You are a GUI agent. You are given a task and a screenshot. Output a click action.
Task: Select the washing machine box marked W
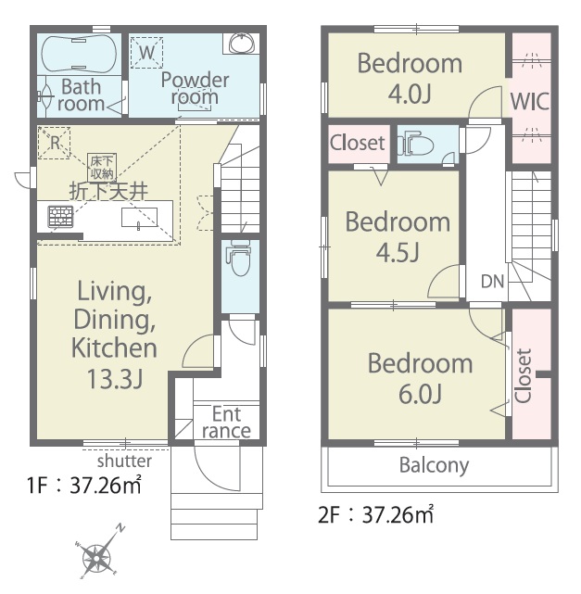(x=146, y=52)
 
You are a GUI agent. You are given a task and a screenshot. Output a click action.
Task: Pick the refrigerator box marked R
(x=54, y=143)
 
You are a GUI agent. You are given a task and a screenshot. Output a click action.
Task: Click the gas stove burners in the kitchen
(x=60, y=216)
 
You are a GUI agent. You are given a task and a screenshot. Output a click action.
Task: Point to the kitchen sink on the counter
(x=139, y=218)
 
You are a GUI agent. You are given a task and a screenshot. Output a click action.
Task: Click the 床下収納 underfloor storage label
(x=102, y=167)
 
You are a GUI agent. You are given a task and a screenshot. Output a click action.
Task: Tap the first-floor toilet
(x=239, y=259)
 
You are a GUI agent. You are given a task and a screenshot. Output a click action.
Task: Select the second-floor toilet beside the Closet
(x=415, y=143)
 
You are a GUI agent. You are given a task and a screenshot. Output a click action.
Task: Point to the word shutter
(x=124, y=461)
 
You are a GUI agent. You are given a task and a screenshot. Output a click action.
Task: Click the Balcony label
(x=434, y=465)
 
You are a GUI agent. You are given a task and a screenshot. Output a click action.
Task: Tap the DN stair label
(x=492, y=282)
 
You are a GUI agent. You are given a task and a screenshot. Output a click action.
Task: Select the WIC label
(x=530, y=101)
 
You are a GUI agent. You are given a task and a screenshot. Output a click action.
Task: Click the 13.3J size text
(x=115, y=379)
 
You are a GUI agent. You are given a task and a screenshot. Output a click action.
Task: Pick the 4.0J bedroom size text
(x=410, y=94)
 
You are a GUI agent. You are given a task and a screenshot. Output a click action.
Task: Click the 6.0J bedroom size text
(x=421, y=394)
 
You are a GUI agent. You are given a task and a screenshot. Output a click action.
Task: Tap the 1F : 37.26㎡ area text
(x=84, y=485)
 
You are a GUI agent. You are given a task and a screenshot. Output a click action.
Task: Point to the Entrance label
(x=226, y=423)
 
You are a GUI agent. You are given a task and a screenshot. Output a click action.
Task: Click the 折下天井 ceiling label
(x=108, y=191)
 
